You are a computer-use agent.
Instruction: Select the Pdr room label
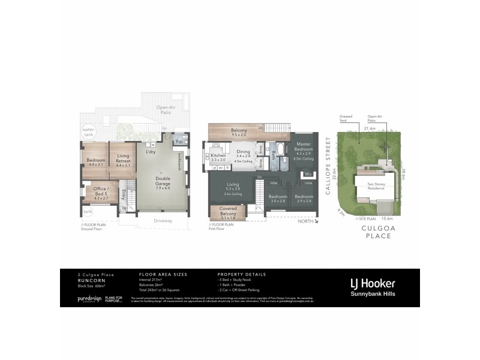[179, 142]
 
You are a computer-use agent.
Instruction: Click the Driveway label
[162, 220]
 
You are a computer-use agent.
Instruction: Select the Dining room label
[242, 152]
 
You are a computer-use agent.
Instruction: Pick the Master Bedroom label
[302, 146]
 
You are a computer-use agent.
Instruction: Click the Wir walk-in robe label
[307, 175]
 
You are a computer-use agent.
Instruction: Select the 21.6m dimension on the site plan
[370, 128]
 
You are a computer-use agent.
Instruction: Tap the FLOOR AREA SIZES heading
[163, 274]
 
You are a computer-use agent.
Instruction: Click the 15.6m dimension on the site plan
[386, 219]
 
